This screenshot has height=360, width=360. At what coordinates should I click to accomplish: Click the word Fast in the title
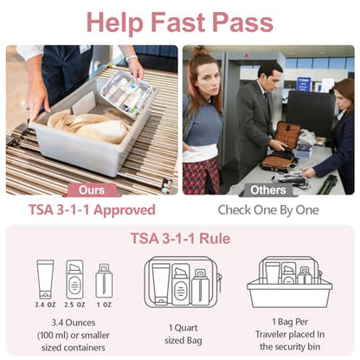point(178,22)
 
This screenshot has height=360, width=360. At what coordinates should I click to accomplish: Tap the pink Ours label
point(92,190)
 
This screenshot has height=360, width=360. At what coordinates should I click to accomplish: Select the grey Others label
point(268,190)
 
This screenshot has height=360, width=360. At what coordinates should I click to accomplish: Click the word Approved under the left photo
point(125,210)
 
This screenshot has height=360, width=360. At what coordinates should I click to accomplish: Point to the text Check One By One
point(268,210)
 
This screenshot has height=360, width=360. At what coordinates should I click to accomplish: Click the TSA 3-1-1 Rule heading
point(180,239)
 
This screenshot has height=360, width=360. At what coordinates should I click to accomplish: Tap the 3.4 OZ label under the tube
point(45,305)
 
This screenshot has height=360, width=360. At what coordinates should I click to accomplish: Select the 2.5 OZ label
point(74,305)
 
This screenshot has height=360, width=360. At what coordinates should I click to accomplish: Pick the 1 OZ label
point(104,305)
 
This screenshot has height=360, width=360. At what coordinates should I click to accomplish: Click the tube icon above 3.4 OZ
point(45,280)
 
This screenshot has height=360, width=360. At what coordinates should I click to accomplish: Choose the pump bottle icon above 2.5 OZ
point(74,280)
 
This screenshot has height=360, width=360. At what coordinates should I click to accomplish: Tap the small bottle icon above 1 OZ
point(104,280)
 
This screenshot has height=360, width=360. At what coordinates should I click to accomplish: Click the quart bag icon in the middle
point(183,281)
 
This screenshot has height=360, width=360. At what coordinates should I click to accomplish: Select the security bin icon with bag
point(289,282)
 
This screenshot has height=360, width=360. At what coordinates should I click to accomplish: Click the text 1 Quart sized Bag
point(183,334)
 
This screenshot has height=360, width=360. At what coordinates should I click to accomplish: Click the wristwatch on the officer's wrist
point(132,59)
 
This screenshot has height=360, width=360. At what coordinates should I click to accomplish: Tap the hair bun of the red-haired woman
point(200,50)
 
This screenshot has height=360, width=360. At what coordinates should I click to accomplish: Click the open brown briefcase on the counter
point(280,147)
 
